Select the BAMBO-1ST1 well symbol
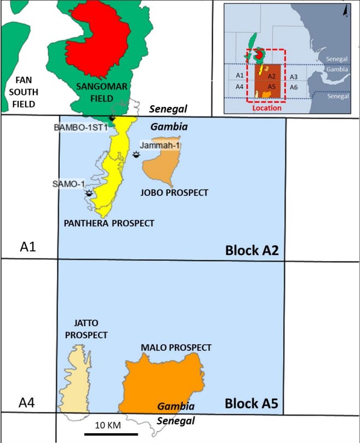[x=112, y=118]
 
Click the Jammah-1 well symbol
[x=136, y=155]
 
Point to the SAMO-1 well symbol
[x=89, y=193]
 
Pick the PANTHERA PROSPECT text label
[x=109, y=223]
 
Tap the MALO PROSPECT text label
[x=176, y=348]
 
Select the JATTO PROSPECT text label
[x=85, y=330]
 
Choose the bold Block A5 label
[x=252, y=405]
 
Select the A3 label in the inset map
[x=293, y=77]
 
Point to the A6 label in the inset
[x=293, y=87]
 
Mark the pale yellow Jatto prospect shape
[x=80, y=378]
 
